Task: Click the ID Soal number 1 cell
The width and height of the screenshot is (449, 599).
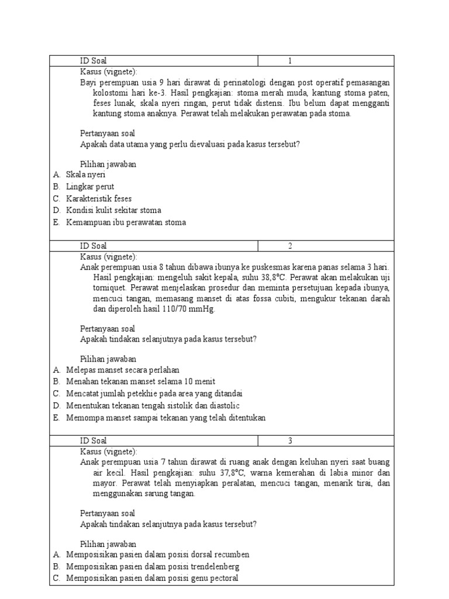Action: [289, 61]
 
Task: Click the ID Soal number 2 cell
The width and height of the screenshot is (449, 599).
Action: [289, 246]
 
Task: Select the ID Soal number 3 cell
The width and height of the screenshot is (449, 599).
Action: [289, 440]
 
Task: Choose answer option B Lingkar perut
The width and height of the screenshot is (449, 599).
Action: [89, 187]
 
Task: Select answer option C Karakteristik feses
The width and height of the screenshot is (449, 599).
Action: [98, 198]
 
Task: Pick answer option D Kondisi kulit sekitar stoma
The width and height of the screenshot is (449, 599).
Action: [113, 210]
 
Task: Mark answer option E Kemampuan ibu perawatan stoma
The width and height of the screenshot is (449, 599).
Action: [126, 222]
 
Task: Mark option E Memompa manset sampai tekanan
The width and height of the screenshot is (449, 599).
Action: [165, 417]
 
